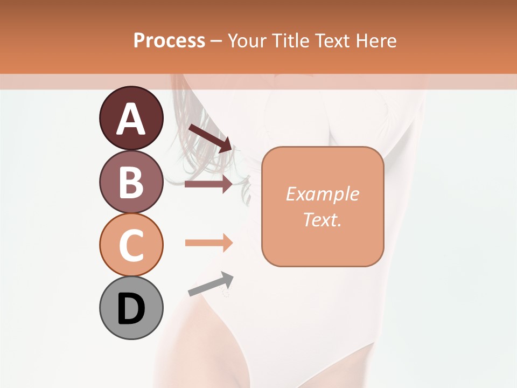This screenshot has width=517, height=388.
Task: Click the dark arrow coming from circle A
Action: tap(210, 138)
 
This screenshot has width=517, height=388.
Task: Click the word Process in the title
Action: tap(169, 41)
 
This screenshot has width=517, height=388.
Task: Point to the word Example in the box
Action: tap(322, 194)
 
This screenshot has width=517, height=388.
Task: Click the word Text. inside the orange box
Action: tap(322, 219)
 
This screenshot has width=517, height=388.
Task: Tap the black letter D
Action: tap(131, 309)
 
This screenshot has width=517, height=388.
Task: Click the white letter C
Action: tap(131, 246)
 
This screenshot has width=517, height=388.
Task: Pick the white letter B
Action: tap(131, 182)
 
